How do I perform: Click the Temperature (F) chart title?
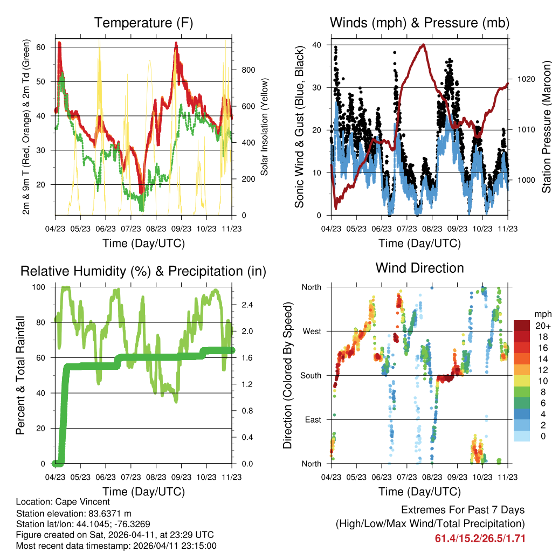point(143,23)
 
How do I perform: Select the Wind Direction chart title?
point(419,267)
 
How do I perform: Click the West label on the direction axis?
point(311,331)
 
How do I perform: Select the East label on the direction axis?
point(312,419)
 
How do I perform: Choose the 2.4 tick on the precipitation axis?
point(248,305)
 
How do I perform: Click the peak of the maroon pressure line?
point(424,45)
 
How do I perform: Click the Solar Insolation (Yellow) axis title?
point(265,127)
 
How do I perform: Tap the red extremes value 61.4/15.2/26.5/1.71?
point(480,538)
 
